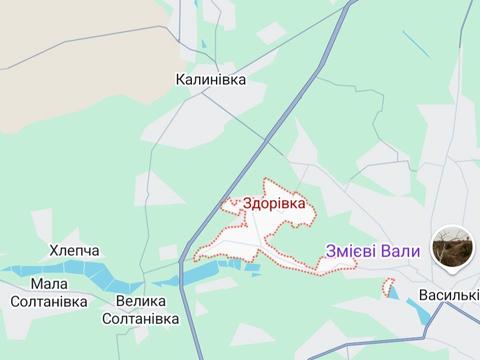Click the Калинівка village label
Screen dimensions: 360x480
[210, 78]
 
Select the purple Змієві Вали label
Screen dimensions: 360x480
[372, 252]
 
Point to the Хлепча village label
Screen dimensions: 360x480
[74, 251]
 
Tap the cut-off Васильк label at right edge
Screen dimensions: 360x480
[449, 297]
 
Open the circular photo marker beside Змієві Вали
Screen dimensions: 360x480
[452, 246]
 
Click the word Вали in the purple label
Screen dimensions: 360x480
[401, 252]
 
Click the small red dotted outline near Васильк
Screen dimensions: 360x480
[387, 287]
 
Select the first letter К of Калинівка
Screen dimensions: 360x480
[180, 78]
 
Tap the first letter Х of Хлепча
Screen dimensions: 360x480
[53, 251]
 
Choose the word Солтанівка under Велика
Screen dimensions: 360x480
[141, 319]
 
